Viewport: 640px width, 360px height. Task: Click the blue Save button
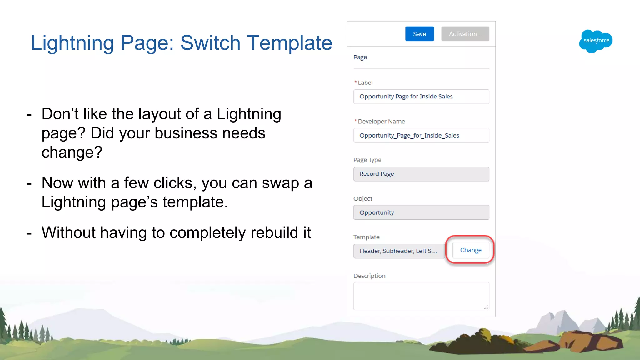(x=419, y=34)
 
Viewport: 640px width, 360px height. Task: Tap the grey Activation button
(x=465, y=34)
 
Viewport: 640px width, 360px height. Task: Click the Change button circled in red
(x=471, y=250)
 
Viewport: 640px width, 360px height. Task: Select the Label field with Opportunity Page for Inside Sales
(x=421, y=97)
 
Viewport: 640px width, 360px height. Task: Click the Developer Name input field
(x=421, y=135)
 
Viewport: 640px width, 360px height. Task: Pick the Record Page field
(x=421, y=174)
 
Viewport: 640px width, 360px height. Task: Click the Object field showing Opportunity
(x=421, y=212)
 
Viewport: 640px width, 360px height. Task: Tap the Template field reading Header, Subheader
(x=399, y=251)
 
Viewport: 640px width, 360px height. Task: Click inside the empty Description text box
(x=421, y=296)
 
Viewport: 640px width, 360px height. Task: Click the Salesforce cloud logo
(x=596, y=41)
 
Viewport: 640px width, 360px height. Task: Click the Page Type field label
(x=367, y=160)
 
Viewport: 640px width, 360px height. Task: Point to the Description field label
(x=369, y=276)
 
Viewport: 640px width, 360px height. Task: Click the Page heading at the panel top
(x=360, y=57)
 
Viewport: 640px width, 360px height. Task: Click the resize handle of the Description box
(x=486, y=307)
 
